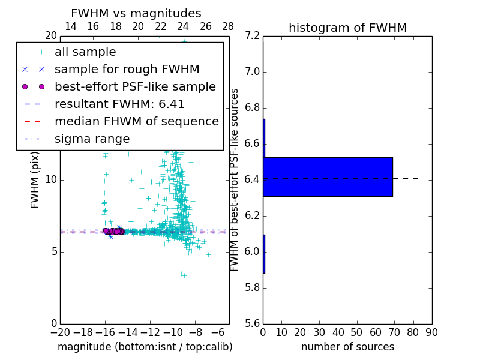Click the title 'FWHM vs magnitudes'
136,14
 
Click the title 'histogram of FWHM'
347,28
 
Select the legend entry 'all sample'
85,52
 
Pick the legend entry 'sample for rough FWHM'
127,69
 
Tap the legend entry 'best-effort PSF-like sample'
135,86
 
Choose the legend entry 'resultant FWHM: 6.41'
119,104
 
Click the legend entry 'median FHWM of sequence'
136,121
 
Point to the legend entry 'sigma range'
92,139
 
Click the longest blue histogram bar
328,176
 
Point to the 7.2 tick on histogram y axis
252,36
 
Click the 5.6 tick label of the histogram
252,323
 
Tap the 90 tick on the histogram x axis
431,332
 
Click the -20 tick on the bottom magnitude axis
60,332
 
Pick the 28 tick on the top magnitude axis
229,26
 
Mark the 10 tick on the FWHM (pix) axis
51,180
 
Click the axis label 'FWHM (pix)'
35,180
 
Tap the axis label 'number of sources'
347,347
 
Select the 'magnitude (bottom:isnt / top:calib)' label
145,347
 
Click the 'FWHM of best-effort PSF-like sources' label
235,179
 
